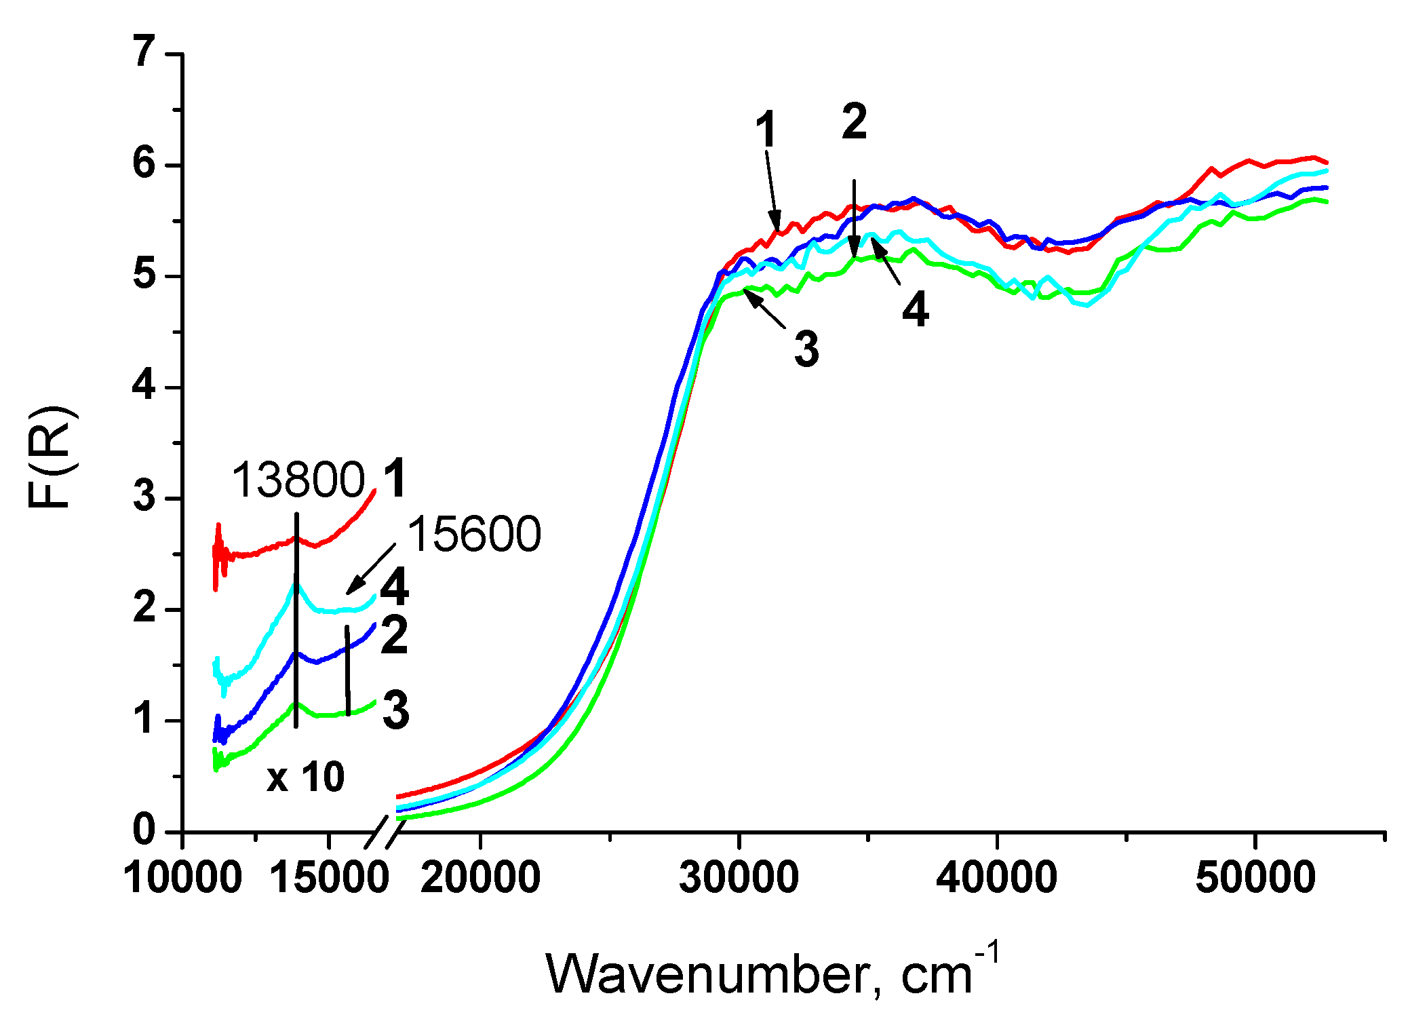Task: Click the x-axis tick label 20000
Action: tap(480, 877)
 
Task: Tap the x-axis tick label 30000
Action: tap(739, 877)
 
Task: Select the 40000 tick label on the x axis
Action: tap(997, 877)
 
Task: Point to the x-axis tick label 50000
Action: tap(1255, 877)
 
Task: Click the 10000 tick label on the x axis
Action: tap(182, 877)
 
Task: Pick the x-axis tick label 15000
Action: tap(329, 877)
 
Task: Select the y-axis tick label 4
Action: tap(144, 386)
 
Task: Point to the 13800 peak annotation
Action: tap(298, 480)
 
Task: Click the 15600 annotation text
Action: tap(473, 535)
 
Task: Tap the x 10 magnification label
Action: tap(306, 777)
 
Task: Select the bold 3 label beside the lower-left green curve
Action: tap(396, 710)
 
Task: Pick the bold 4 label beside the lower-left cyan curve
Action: tap(395, 588)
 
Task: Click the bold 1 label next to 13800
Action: tap(395, 478)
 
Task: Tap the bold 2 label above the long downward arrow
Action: tap(855, 123)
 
